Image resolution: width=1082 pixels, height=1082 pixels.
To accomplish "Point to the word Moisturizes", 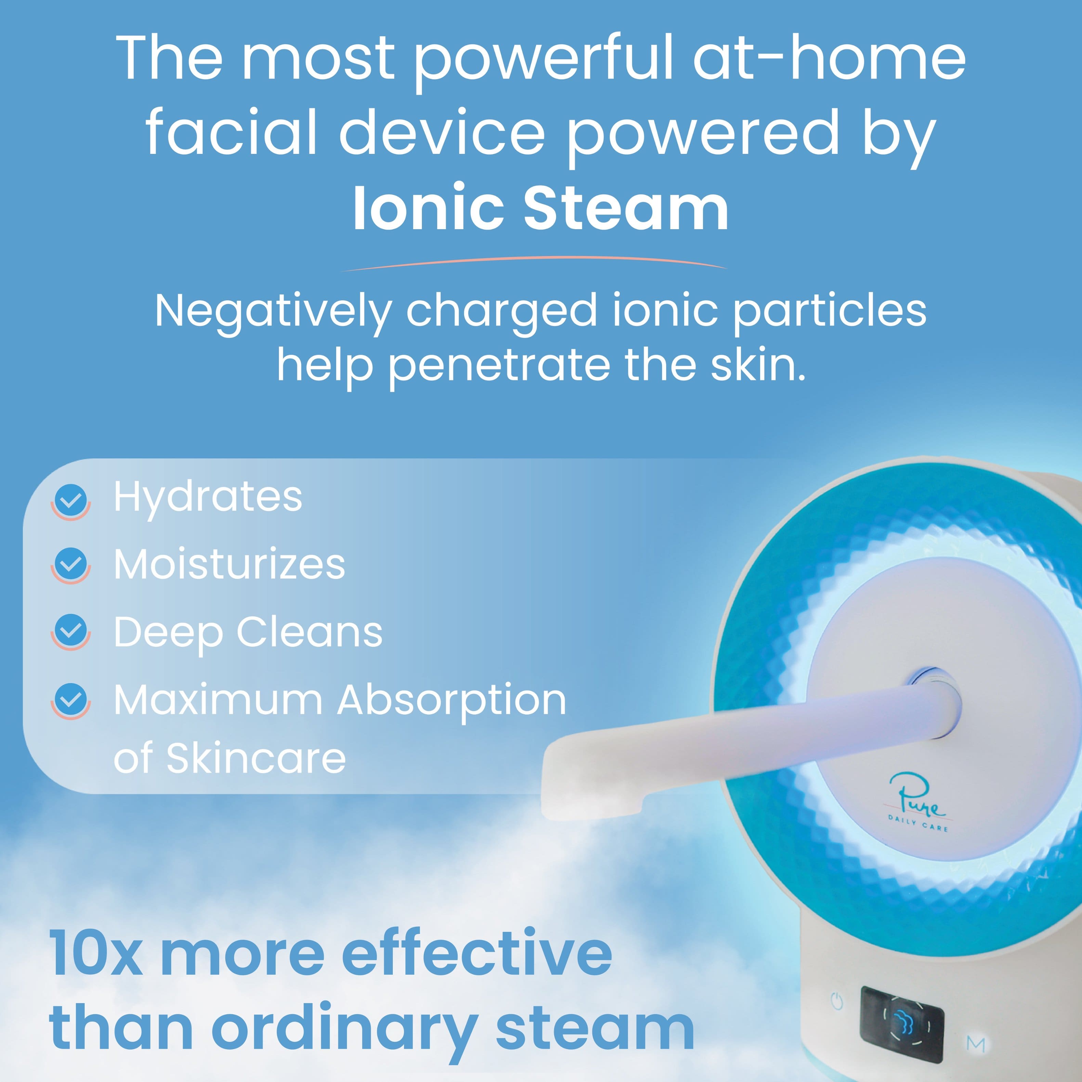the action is [230, 564].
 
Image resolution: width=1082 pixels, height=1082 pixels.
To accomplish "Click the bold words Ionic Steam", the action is [541, 208].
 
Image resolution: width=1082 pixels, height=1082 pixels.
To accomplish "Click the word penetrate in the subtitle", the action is [498, 365].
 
